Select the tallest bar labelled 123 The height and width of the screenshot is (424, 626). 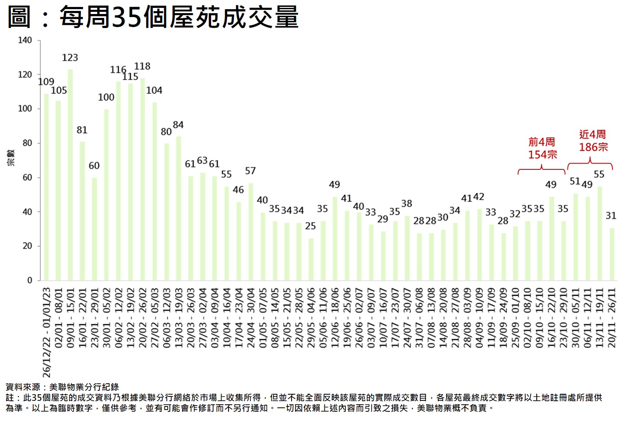(70, 175)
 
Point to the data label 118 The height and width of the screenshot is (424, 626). (142, 66)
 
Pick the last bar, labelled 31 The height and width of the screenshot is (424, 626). (612, 254)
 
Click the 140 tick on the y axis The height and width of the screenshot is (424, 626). (25, 40)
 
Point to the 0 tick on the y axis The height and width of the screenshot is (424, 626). (30, 280)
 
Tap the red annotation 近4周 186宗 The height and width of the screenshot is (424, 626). (593, 141)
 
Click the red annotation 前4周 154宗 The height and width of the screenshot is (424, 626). (542, 148)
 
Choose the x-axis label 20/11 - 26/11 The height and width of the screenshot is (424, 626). (612, 317)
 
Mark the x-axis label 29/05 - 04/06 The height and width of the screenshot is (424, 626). (311, 317)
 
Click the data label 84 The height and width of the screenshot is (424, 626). (178, 125)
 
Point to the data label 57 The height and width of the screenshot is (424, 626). (250, 171)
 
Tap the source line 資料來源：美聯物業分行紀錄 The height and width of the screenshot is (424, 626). (62, 387)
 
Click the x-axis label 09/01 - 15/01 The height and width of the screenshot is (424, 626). (70, 317)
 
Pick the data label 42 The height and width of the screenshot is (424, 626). (479, 197)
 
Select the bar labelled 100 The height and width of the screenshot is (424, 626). (106, 195)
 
